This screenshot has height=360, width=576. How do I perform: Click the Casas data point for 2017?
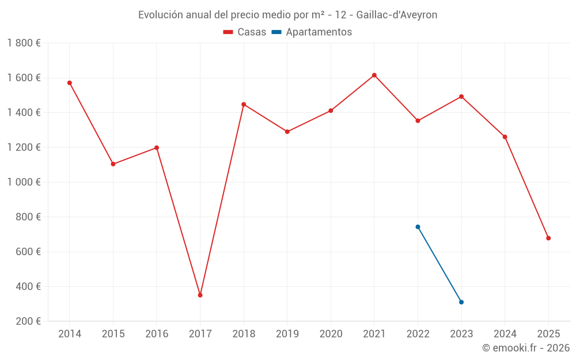click(200, 295)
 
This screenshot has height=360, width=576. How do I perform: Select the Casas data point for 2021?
click(374, 75)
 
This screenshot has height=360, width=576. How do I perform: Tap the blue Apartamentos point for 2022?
click(418, 227)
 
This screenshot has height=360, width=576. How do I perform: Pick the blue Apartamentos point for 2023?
click(461, 302)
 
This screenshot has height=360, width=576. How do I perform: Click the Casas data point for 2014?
click(70, 83)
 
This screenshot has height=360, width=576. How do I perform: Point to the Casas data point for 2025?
click(548, 238)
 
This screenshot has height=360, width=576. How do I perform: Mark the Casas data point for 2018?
click(244, 104)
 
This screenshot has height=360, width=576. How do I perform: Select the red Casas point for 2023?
click(461, 97)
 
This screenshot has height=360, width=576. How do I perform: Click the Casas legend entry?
click(245, 32)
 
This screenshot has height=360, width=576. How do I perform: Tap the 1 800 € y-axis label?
click(24, 43)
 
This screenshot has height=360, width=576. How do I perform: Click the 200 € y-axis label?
click(28, 321)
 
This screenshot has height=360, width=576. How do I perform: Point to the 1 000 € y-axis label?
click(24, 182)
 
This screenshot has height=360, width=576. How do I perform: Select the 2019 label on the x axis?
click(287, 334)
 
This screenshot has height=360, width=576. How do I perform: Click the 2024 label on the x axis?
click(505, 334)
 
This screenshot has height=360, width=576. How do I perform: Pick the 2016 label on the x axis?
click(157, 334)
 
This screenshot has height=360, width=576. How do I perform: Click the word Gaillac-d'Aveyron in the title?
click(397, 15)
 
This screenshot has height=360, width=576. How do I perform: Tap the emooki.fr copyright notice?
click(525, 348)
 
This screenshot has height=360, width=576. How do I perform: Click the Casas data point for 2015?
click(113, 164)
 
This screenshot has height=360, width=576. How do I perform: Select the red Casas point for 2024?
click(505, 137)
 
